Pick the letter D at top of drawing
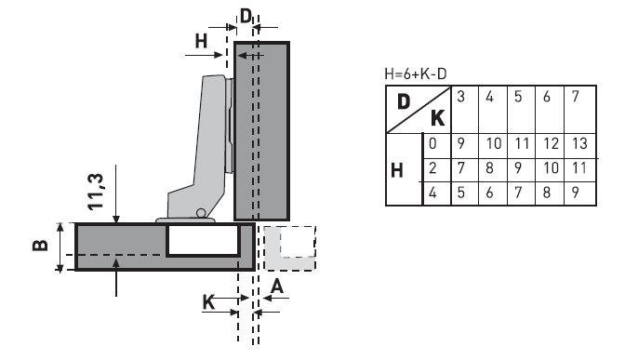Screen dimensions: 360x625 tap(246, 16)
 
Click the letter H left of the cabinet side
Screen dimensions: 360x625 tap(201, 40)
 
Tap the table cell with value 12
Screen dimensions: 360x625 tap(552, 143)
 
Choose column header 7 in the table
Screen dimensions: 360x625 tap(576, 97)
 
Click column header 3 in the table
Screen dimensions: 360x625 tap(460, 97)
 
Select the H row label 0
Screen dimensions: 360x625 tap(432, 143)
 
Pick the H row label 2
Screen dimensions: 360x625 tap(432, 168)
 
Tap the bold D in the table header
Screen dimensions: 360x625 tap(404, 100)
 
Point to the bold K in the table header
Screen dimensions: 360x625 tap(436, 118)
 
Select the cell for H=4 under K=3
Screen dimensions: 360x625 tap(460, 194)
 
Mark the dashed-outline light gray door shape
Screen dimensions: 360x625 tap(290, 247)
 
